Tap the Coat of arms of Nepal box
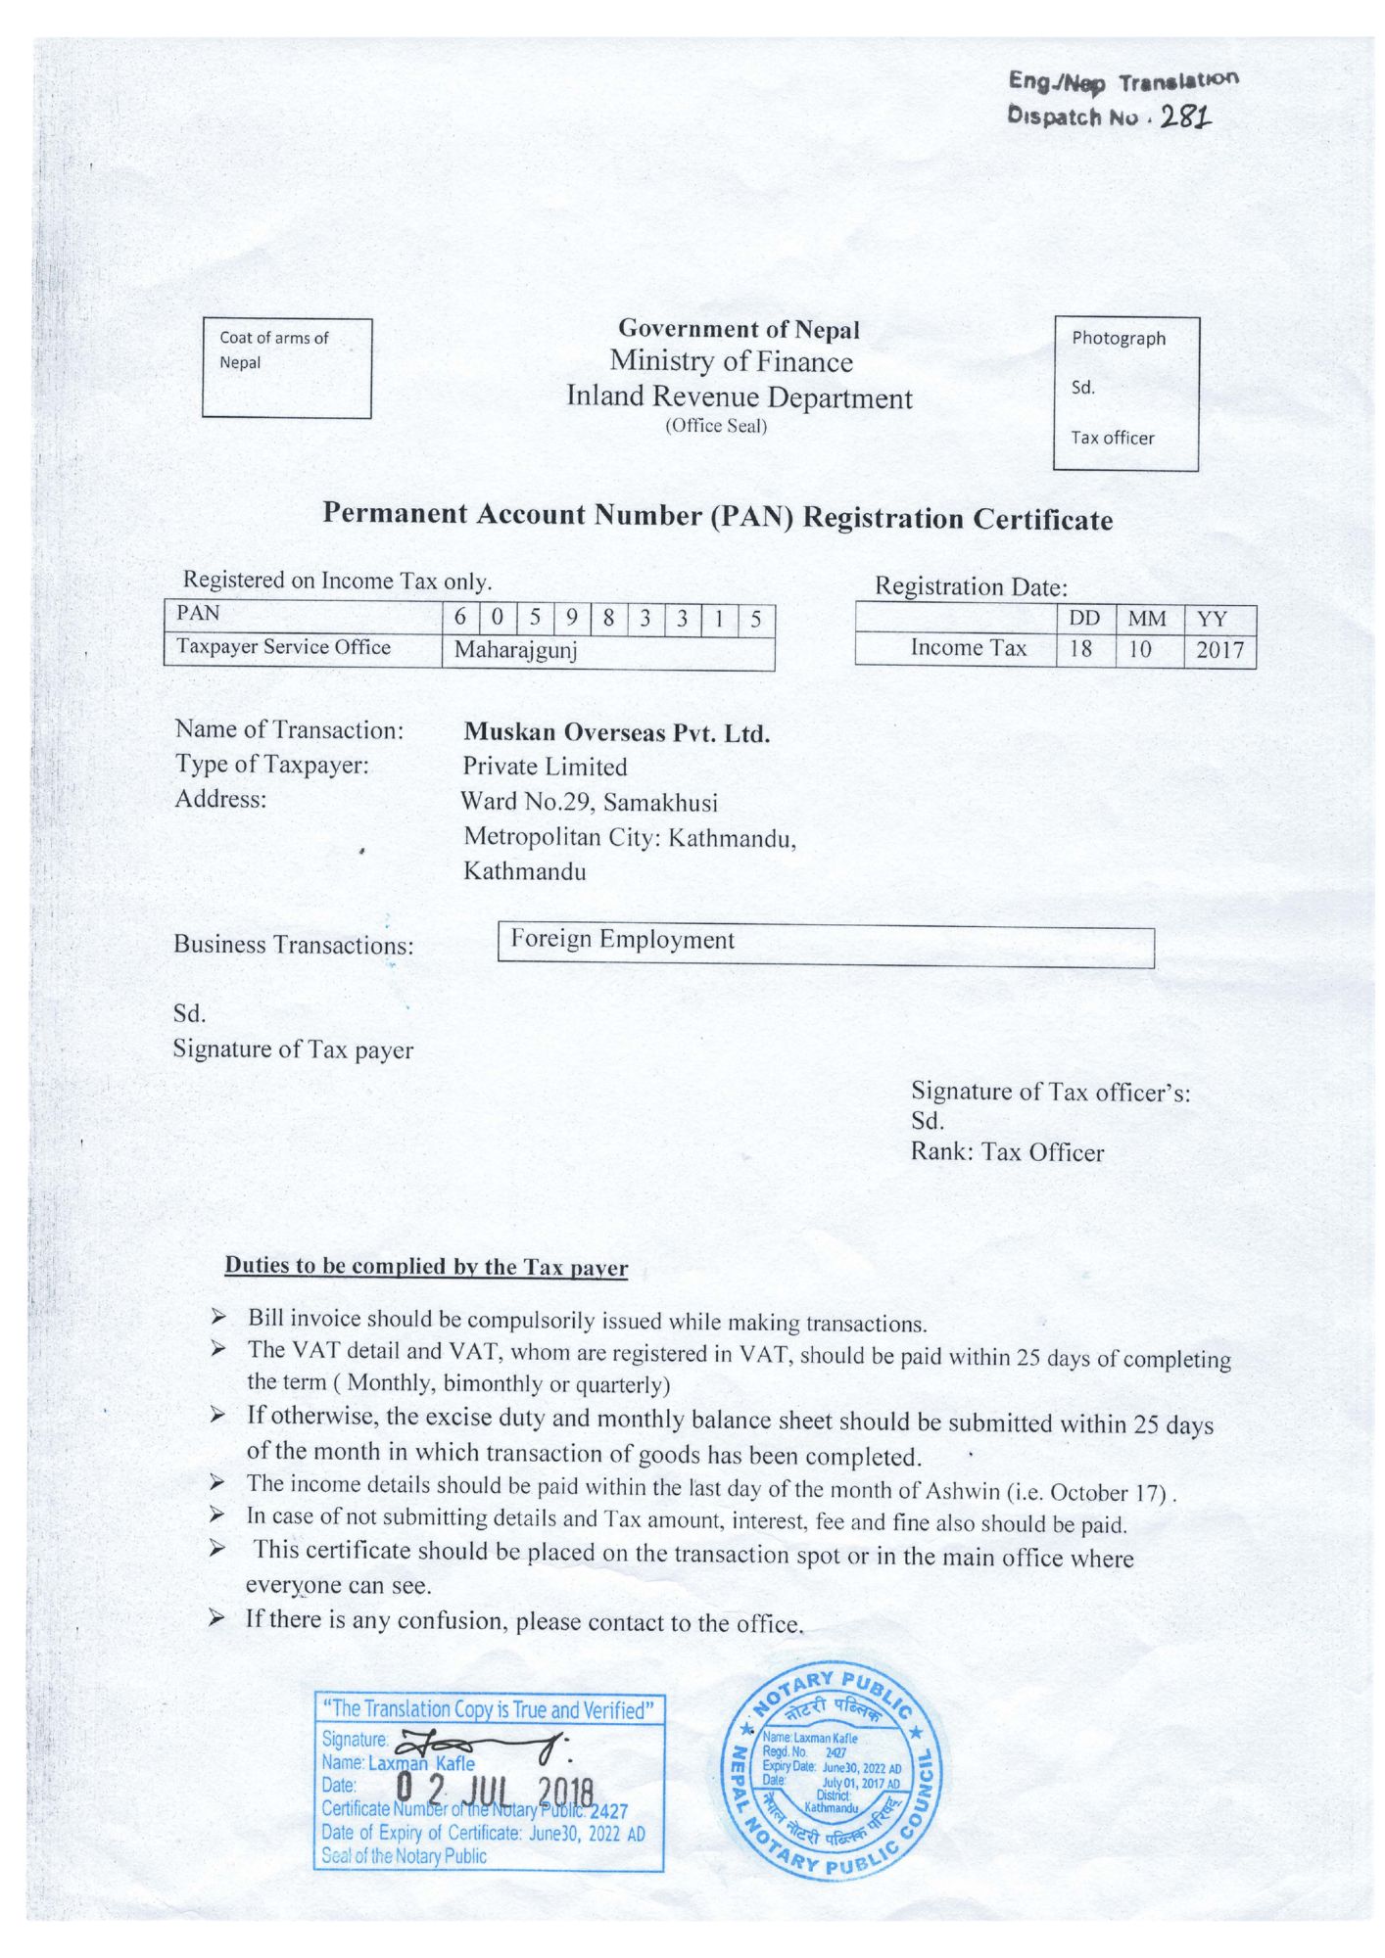coord(287,368)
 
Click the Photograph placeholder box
coord(1125,394)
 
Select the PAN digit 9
coord(571,617)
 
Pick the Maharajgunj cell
coord(515,650)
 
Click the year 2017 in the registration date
coord(1219,650)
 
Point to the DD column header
coord(1084,619)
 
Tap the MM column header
coord(1147,619)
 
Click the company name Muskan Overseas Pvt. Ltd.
coord(617,732)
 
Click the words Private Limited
coord(546,767)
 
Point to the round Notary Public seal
coord(831,1771)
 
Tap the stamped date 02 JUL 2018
coord(495,1791)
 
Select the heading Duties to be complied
coord(426,1266)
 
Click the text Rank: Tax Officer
coord(1007,1152)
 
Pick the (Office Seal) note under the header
coord(716,426)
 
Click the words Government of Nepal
coord(739,329)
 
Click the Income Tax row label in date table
coord(968,647)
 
